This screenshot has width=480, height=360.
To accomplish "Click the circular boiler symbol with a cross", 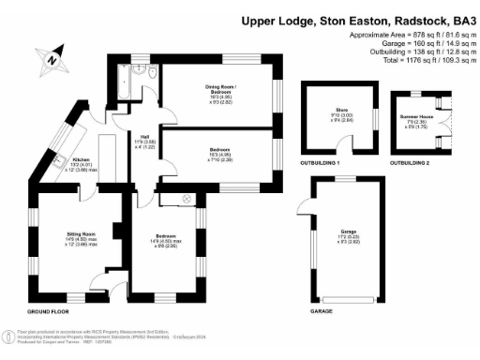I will point(185,200).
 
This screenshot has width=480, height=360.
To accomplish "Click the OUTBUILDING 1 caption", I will point(320,163).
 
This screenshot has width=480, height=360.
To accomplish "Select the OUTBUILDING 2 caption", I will point(413,163).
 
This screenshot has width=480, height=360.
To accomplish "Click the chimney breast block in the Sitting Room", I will point(117,231).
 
